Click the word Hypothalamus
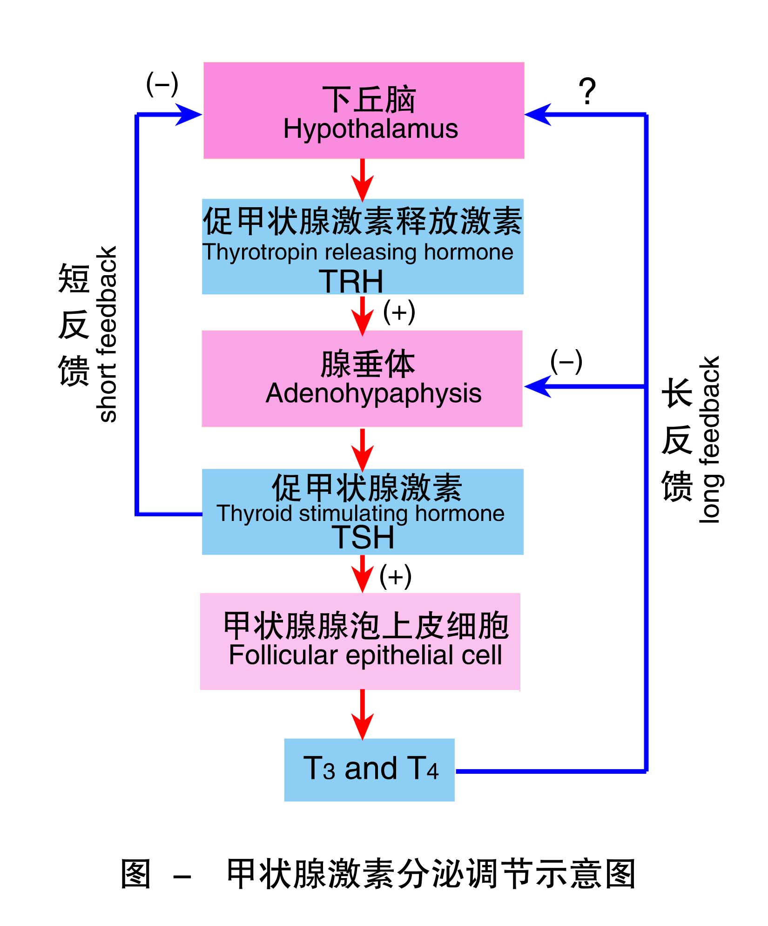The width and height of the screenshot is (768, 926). click(371, 129)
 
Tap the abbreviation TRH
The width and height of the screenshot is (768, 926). click(351, 282)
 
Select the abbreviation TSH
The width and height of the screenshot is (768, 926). click(363, 537)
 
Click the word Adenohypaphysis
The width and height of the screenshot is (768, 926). click(373, 393)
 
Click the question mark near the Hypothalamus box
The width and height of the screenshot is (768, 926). click(587, 91)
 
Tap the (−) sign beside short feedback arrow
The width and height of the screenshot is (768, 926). click(162, 84)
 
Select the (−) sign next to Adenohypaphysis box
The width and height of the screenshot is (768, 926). click(566, 362)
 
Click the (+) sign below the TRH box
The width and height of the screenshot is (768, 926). click(399, 312)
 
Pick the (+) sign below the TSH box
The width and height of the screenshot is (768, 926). click(395, 576)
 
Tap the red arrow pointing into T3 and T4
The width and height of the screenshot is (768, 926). click(363, 714)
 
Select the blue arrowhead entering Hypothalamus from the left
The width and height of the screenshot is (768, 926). click(189, 115)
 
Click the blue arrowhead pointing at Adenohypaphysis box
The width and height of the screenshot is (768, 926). click(538, 386)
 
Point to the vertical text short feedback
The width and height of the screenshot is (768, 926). click(108, 334)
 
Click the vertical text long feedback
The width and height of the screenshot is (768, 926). click(709, 440)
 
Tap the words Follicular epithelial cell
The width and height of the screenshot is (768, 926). click(365, 655)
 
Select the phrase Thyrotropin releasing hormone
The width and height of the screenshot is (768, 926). click(357, 252)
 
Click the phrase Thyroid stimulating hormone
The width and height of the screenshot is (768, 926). click(360, 514)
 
